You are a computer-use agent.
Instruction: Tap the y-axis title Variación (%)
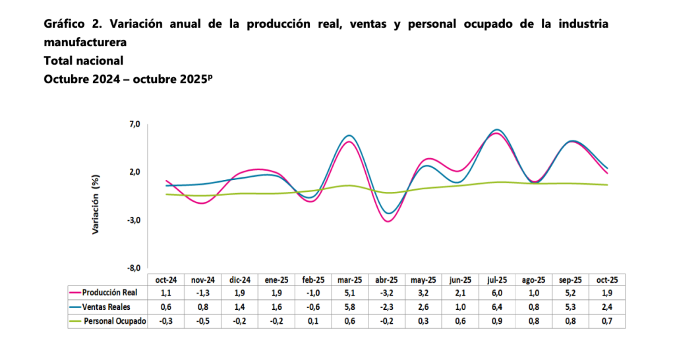click(x=96, y=205)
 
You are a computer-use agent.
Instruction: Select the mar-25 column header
click(x=350, y=280)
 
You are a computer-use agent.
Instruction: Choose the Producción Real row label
click(x=109, y=293)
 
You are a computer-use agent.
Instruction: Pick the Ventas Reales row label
click(x=109, y=307)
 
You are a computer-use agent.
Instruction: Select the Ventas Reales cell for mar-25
click(x=350, y=307)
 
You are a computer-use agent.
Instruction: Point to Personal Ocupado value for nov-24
click(x=202, y=320)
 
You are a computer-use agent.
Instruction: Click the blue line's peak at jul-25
click(x=498, y=129)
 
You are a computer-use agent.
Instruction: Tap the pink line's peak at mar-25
click(x=349, y=142)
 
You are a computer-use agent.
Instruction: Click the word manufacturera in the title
click(x=85, y=42)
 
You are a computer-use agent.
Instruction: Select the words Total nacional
click(x=84, y=61)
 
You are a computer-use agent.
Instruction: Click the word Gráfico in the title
click(x=65, y=24)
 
